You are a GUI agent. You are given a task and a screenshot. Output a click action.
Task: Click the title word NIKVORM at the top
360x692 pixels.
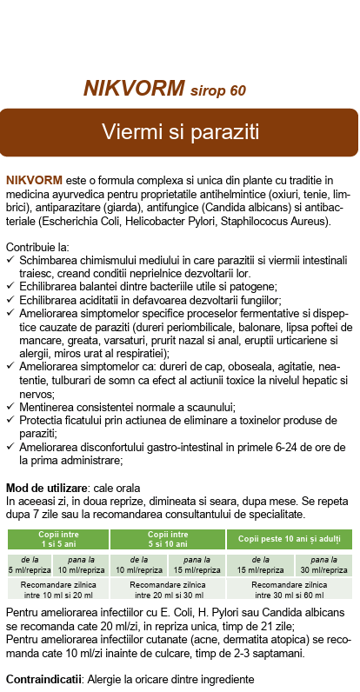click(134, 89)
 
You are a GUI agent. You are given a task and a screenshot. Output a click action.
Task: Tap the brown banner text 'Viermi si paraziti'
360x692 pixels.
click(180, 132)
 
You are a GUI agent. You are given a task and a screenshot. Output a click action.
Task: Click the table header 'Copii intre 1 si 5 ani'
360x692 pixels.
click(57, 539)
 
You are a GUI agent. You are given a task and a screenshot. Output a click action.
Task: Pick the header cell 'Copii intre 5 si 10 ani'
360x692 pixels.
click(167, 539)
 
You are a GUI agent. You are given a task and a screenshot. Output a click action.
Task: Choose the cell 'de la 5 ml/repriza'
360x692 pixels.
click(28, 565)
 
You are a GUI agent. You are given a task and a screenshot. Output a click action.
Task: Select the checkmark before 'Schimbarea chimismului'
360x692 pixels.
click(10, 260)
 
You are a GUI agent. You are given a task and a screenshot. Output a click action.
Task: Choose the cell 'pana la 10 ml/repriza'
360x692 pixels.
click(83, 565)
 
